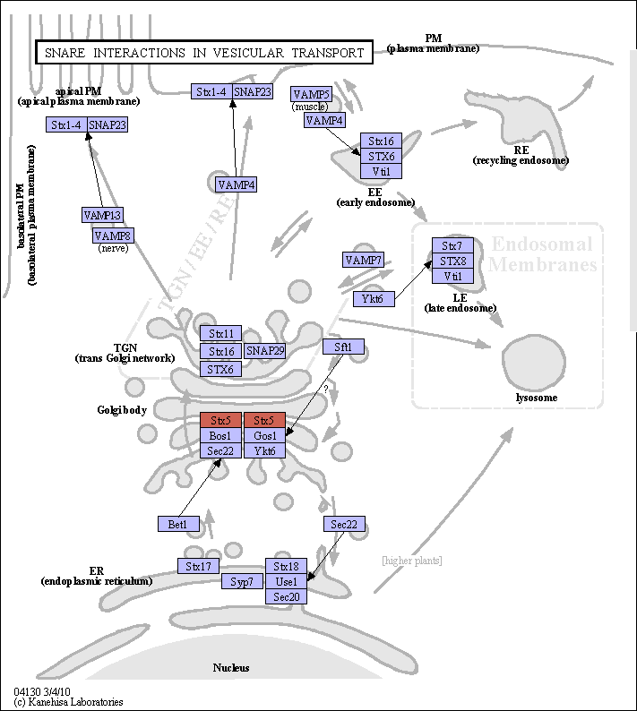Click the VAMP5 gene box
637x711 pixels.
tap(311, 94)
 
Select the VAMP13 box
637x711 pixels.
tap(102, 215)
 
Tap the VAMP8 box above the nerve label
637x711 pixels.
tap(114, 236)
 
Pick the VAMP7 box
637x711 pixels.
tap(363, 261)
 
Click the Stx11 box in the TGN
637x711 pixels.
tap(221, 333)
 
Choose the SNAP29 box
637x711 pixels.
tap(265, 351)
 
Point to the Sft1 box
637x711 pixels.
tap(343, 347)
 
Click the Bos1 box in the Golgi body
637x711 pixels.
tap(221, 436)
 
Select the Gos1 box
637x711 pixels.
tap(265, 436)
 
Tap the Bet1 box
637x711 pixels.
tap(179, 524)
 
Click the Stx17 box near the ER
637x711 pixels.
tap(198, 566)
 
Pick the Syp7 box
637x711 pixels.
tap(242, 581)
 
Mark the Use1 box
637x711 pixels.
tap(287, 581)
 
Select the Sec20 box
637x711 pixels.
tap(287, 596)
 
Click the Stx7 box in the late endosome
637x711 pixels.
tap(452, 245)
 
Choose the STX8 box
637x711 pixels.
tap(452, 261)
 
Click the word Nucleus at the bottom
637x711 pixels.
tap(231, 667)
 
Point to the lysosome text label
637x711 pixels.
tap(537, 398)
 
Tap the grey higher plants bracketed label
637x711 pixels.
tap(412, 561)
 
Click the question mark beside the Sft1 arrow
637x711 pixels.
tap(326, 389)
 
